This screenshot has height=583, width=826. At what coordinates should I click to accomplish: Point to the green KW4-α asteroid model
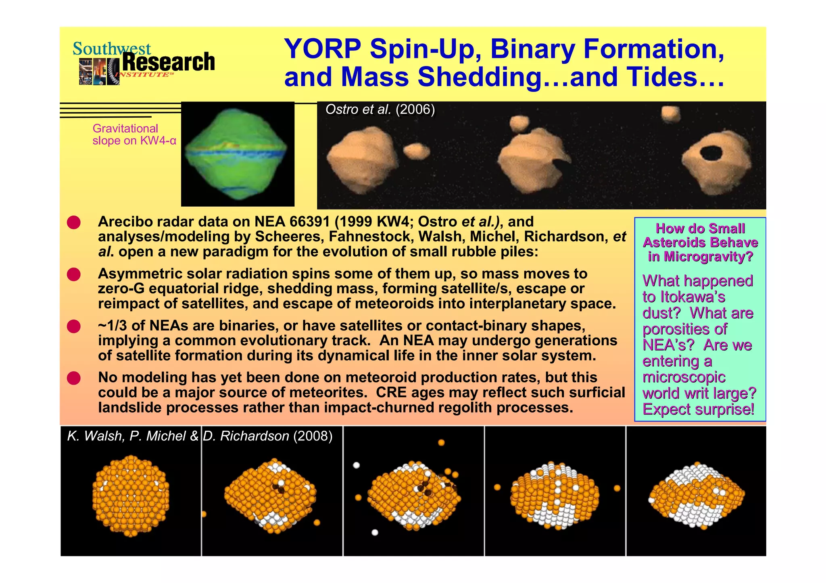[x=237, y=155]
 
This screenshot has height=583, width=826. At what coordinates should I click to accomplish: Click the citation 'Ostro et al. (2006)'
[x=380, y=110]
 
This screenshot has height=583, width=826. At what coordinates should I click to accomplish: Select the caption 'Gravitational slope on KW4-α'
[x=134, y=135]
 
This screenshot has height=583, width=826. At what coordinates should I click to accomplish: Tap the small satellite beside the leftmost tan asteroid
[x=417, y=151]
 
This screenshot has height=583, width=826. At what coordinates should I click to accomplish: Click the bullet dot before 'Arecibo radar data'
[x=74, y=222]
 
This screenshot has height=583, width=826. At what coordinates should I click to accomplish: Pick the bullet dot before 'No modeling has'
[x=74, y=378]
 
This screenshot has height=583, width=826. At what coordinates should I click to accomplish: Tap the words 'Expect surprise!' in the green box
[x=698, y=409]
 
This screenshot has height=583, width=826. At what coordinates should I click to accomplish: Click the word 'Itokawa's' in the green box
[x=693, y=297]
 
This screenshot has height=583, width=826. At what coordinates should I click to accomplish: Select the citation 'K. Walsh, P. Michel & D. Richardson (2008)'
[x=200, y=436]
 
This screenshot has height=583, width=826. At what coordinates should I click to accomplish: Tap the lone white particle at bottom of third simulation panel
[x=375, y=533]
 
